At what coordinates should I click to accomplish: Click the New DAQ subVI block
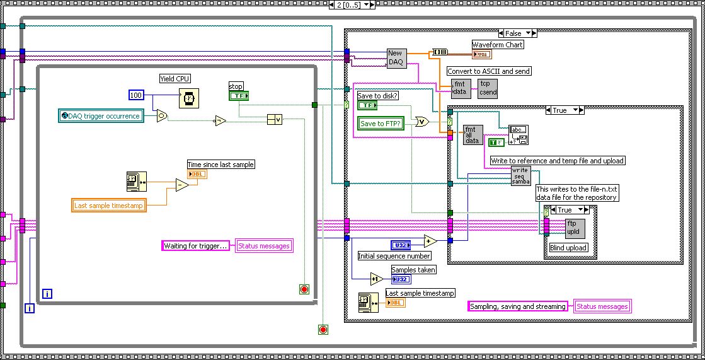click(396, 58)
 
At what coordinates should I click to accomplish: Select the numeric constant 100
click(136, 95)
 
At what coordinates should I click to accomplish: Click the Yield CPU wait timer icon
click(187, 97)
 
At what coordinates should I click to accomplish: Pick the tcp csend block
click(488, 88)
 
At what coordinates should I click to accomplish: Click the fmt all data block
click(473, 135)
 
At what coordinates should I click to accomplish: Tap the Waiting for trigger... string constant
click(195, 246)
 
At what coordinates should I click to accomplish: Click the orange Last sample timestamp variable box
click(110, 206)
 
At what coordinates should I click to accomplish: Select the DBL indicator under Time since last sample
click(197, 173)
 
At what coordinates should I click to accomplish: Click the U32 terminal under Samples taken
click(401, 279)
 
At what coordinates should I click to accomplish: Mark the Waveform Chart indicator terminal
click(483, 54)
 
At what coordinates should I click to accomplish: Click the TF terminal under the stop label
click(239, 96)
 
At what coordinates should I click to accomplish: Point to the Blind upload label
click(568, 248)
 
